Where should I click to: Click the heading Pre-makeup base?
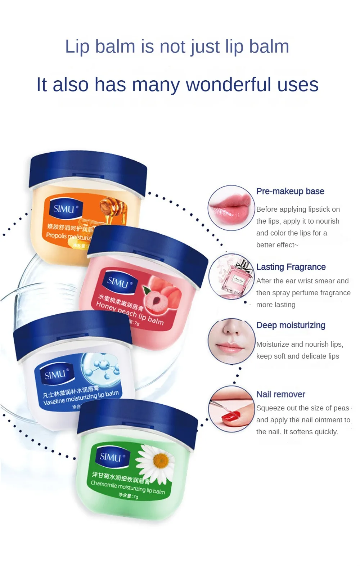coord(290,191)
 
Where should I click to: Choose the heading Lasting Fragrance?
coord(291,267)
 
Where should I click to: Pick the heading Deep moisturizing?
coord(291,325)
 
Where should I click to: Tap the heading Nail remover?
coord(280,394)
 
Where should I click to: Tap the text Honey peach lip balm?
coord(130,313)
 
